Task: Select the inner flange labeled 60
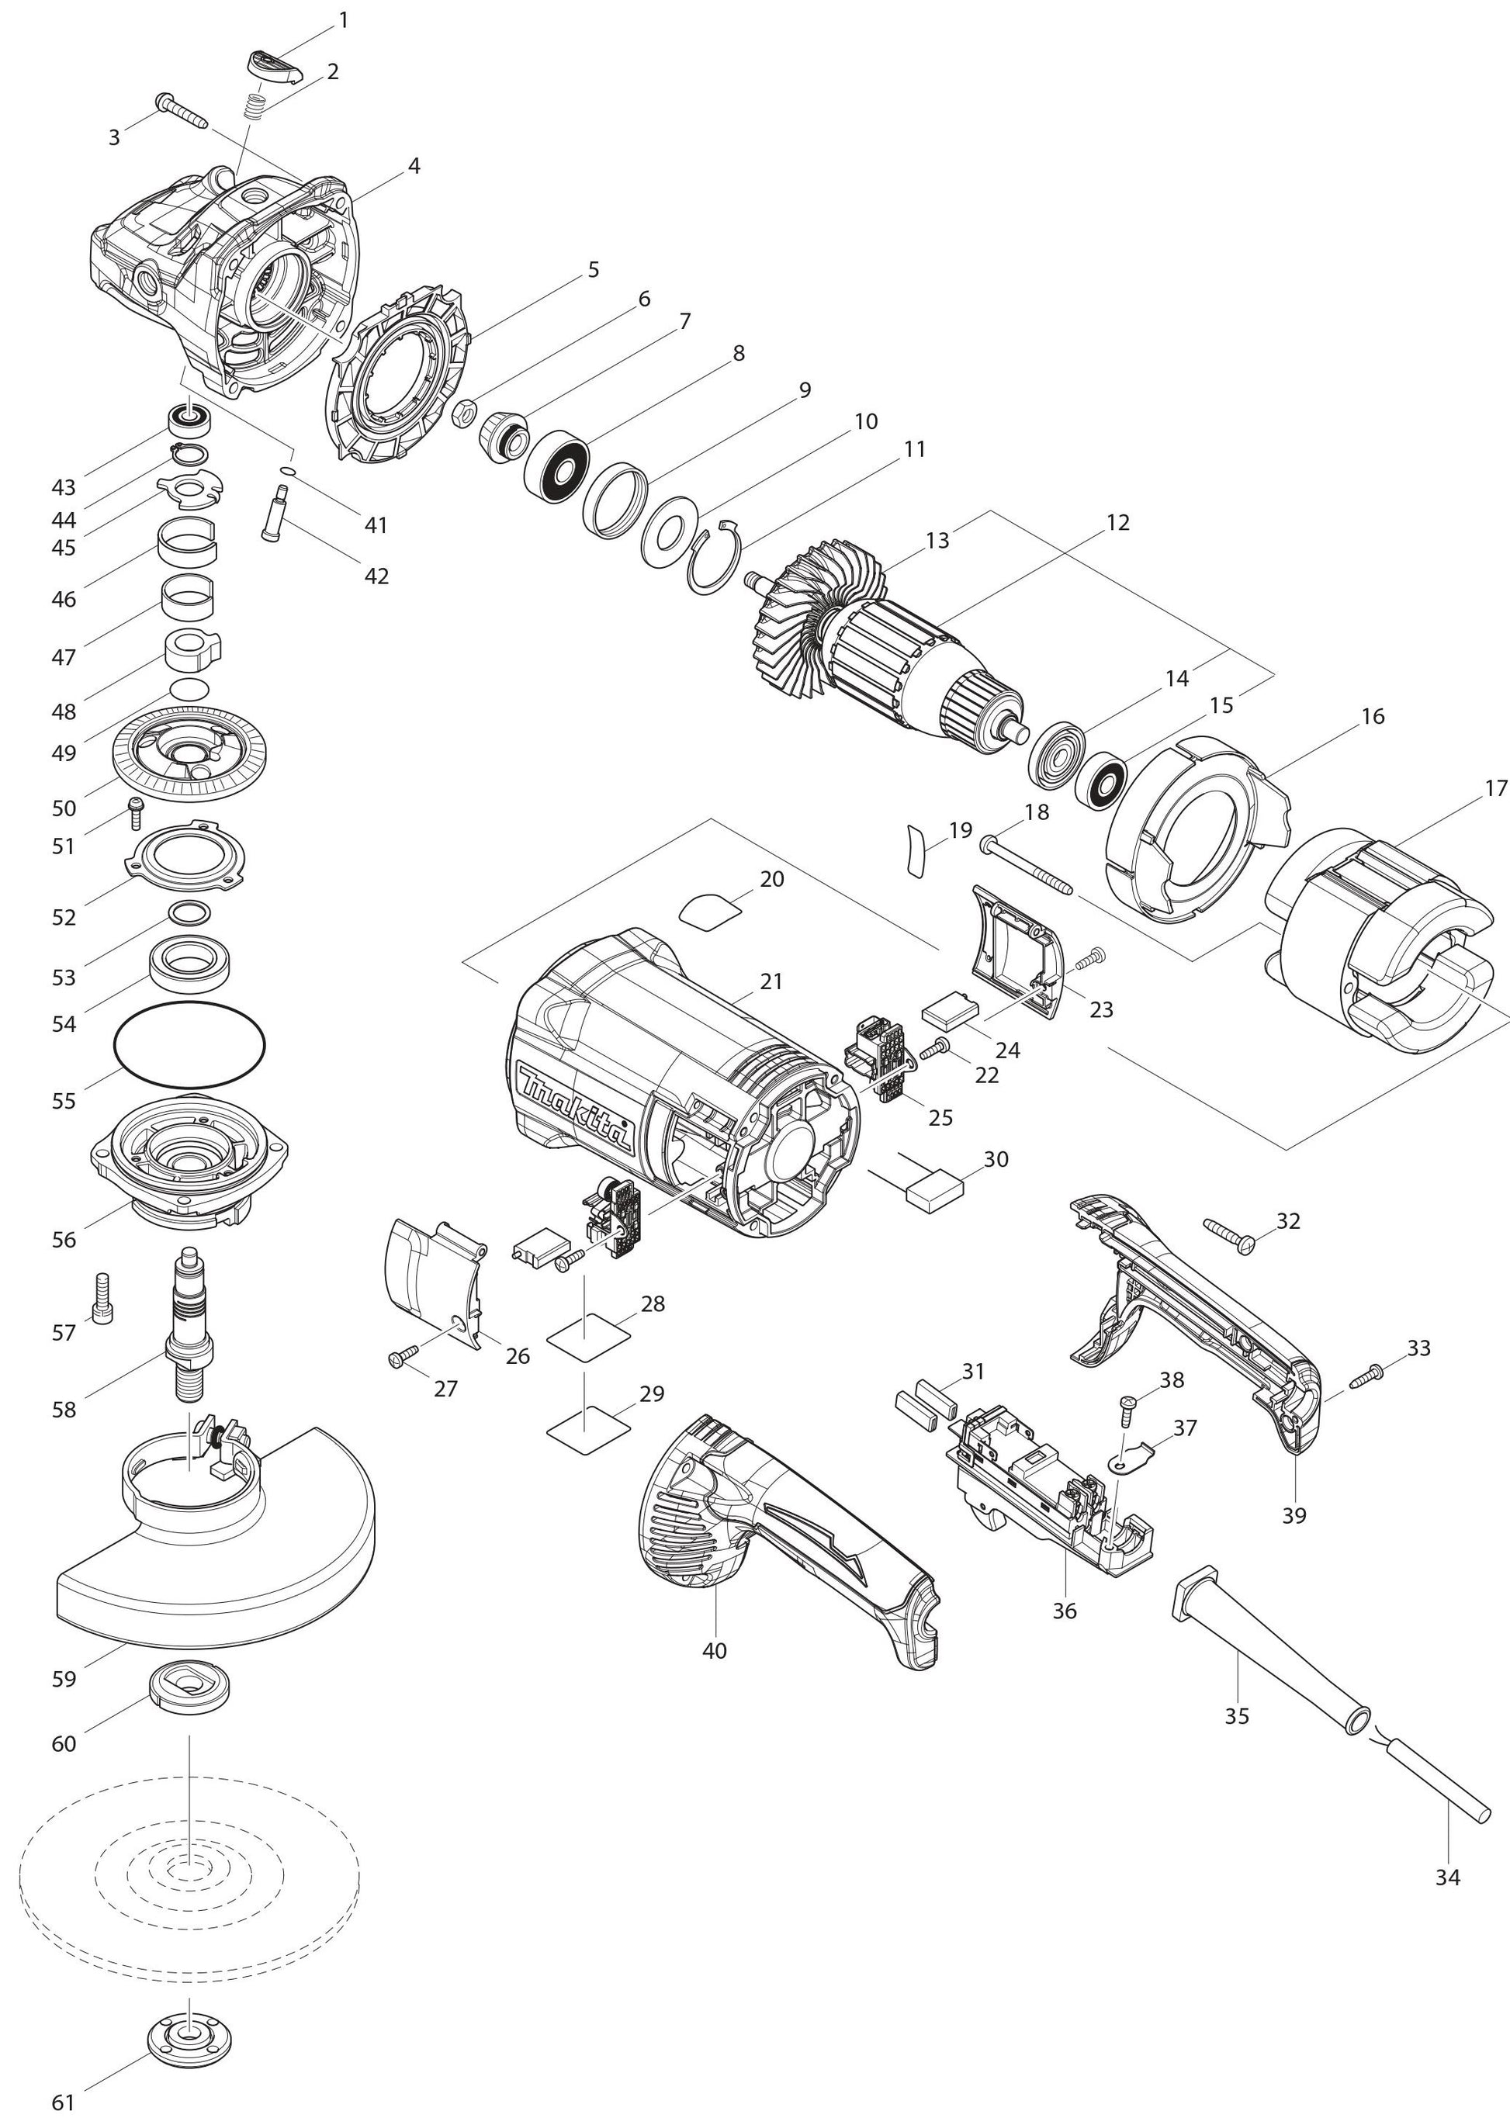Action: point(189,1687)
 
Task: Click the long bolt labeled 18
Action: point(1027,865)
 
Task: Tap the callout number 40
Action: point(715,1650)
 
